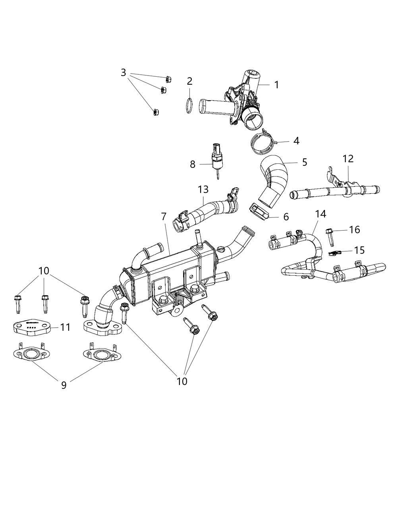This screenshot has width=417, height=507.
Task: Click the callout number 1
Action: (x=276, y=85)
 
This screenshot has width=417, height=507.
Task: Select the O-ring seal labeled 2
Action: (x=190, y=107)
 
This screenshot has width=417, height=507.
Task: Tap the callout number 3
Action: (x=124, y=73)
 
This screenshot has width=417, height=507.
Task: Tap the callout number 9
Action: (x=64, y=385)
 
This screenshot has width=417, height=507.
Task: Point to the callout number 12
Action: (x=348, y=159)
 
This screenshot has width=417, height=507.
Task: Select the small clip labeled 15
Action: (x=336, y=253)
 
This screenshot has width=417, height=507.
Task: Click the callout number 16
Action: (x=354, y=229)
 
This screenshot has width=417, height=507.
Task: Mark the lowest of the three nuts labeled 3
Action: (x=156, y=113)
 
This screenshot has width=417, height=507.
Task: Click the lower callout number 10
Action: (x=182, y=381)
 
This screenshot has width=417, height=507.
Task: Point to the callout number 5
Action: (x=305, y=162)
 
